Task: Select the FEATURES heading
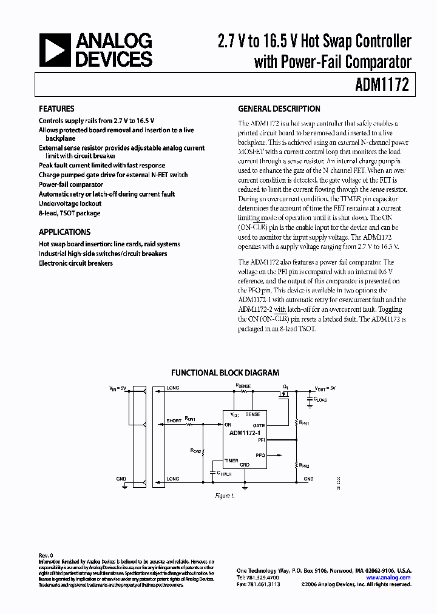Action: [56, 109]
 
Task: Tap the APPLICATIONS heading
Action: [64, 232]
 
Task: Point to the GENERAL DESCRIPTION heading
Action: [279, 109]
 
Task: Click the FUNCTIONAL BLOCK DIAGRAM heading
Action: [225, 373]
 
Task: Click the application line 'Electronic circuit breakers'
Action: [76, 263]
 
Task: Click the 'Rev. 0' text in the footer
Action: [46, 555]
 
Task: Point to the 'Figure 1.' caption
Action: [225, 496]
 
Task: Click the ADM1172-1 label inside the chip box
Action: [245, 433]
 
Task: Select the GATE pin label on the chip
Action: [259, 425]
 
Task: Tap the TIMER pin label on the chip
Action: [231, 461]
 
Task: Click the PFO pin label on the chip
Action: [260, 454]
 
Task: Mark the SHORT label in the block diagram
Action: [174, 420]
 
